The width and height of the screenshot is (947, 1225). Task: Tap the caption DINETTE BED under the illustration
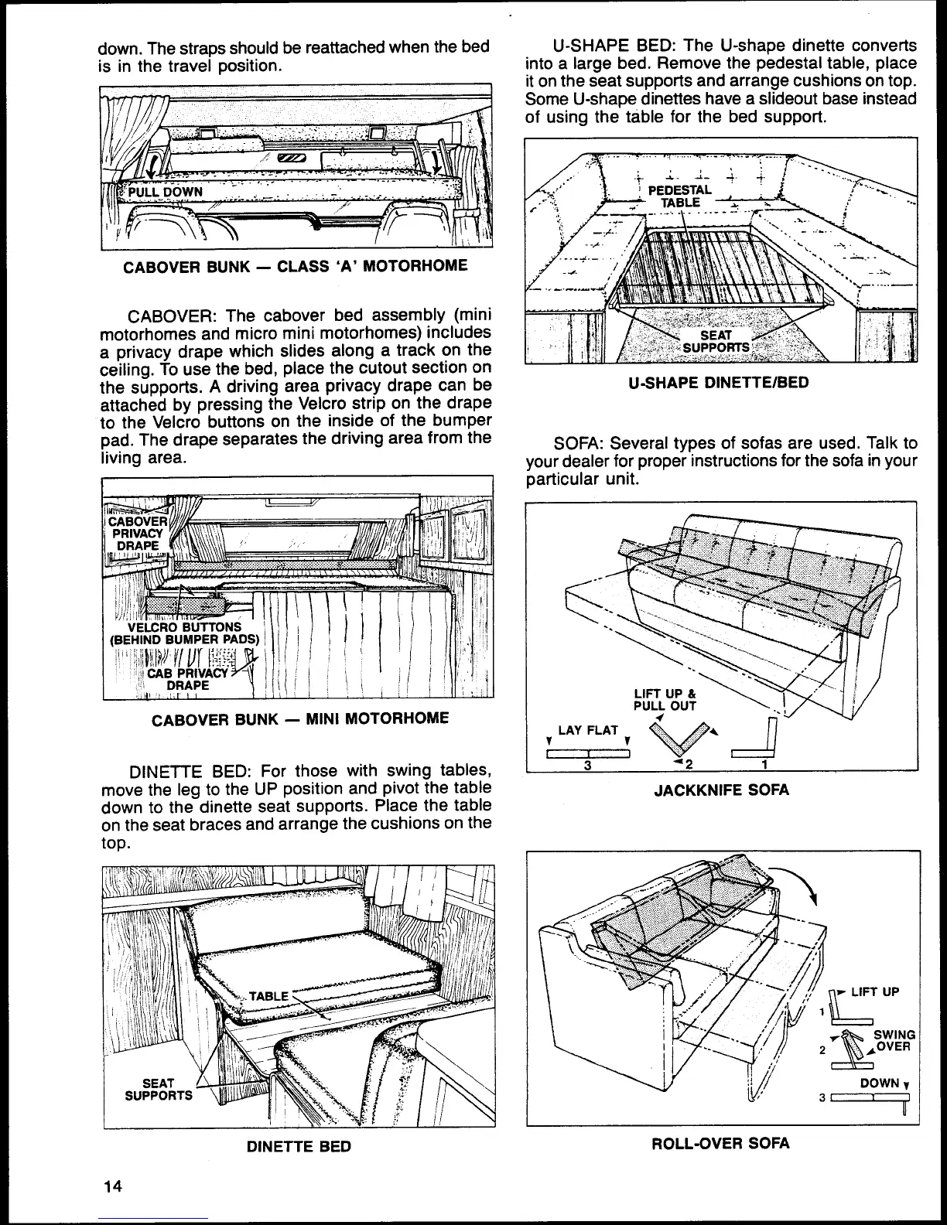coord(299,1146)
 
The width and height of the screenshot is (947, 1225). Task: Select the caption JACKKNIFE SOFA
coord(721,790)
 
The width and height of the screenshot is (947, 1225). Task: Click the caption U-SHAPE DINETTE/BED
coord(720,383)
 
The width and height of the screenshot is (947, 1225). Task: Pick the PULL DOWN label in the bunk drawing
coord(165,192)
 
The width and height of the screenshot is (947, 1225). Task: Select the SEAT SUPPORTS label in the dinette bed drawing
coord(159,1090)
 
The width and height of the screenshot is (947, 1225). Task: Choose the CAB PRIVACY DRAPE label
coord(188,678)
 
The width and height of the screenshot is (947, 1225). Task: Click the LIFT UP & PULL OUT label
coord(665,699)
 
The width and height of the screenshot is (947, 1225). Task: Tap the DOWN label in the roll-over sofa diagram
coord(880,1083)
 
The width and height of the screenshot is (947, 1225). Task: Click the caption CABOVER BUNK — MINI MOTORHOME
coord(299,718)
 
